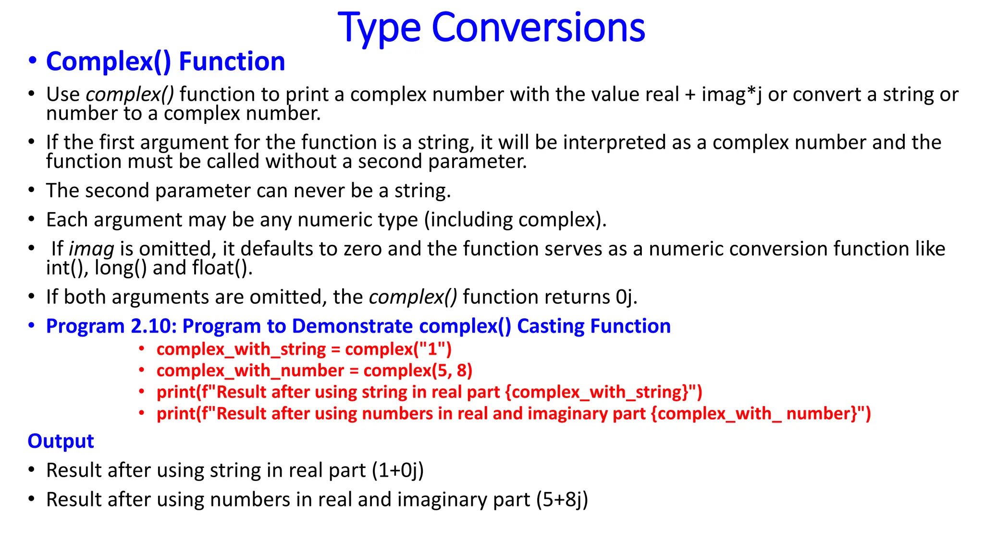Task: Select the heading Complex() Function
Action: point(165,61)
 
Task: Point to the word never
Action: point(320,191)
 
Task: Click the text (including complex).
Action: point(515,220)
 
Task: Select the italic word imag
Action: point(92,249)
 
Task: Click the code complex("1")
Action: point(398,349)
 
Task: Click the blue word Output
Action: point(61,441)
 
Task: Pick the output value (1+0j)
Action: point(398,470)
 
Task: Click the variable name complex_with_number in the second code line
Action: point(250,371)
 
